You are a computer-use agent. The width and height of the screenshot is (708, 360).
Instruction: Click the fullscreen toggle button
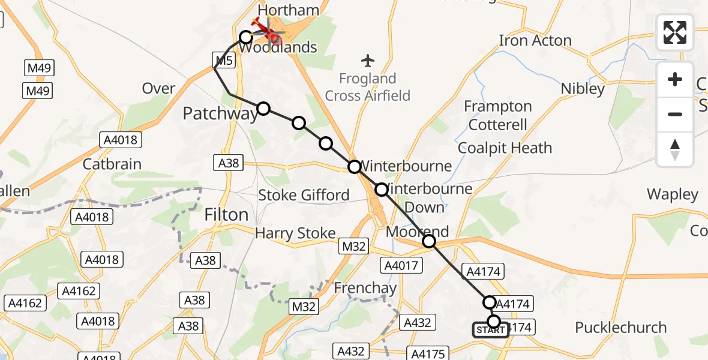pyautogui.click(x=675, y=32)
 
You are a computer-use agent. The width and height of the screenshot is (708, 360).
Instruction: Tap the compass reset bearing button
pyautogui.click(x=675, y=149)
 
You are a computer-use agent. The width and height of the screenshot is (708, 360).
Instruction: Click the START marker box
pyautogui.click(x=490, y=330)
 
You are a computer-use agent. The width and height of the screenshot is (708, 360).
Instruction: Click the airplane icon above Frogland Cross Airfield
pyautogui.click(x=368, y=60)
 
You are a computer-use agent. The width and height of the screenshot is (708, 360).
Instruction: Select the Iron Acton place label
pyautogui.click(x=535, y=41)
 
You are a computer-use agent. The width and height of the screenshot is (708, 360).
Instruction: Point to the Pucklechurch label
pyautogui.click(x=620, y=328)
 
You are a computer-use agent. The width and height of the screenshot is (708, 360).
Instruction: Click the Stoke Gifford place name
pyautogui.click(x=304, y=195)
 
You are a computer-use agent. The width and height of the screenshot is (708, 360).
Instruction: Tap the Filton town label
pyautogui.click(x=226, y=215)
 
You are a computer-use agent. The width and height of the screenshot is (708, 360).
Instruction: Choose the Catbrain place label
pyautogui.click(x=112, y=164)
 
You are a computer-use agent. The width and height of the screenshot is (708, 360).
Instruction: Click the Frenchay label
pyautogui.click(x=365, y=288)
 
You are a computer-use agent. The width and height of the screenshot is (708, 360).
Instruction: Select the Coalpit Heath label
pyautogui.click(x=505, y=148)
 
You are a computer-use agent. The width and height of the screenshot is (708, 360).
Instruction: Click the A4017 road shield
pyautogui.click(x=402, y=265)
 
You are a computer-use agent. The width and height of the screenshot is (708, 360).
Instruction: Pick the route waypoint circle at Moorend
pyautogui.click(x=429, y=241)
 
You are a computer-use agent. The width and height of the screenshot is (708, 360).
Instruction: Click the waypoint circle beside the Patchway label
pyautogui.click(x=263, y=109)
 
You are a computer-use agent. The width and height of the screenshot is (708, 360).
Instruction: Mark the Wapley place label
pyautogui.click(x=672, y=194)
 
